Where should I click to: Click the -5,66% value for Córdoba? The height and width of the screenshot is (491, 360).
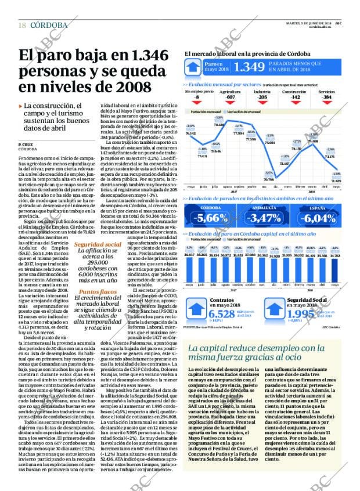coord(210,218)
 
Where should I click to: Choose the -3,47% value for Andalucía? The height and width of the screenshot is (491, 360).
coord(264,218)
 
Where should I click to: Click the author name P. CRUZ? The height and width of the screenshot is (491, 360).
coord(24,144)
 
